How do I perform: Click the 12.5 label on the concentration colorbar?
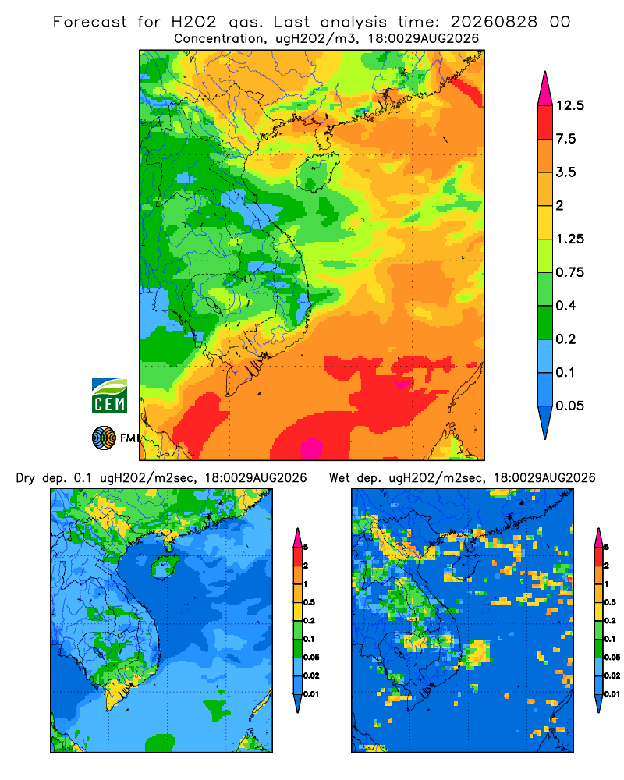tap(569, 105)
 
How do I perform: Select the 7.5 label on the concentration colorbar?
tap(565, 139)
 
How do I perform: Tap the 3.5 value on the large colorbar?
tap(565, 172)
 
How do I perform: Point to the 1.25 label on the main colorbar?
tap(569, 239)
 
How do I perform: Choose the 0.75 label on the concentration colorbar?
tap(569, 272)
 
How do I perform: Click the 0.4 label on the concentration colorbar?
tap(565, 306)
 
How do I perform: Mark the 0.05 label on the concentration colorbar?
tap(569, 406)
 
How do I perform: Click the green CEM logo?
tap(109, 396)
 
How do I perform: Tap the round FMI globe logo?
tap(104, 438)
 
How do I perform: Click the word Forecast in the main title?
tap(90, 22)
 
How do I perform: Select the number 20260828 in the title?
tap(494, 22)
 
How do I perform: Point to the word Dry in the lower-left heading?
tap(26, 479)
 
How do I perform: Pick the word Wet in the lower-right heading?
tap(340, 479)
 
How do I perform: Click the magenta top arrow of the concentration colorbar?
tap(545, 88)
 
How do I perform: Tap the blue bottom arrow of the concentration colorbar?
tap(545, 422)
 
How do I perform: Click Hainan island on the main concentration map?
tap(317, 171)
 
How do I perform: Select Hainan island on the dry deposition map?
tap(165, 567)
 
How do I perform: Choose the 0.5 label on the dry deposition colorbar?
tap(309, 602)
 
